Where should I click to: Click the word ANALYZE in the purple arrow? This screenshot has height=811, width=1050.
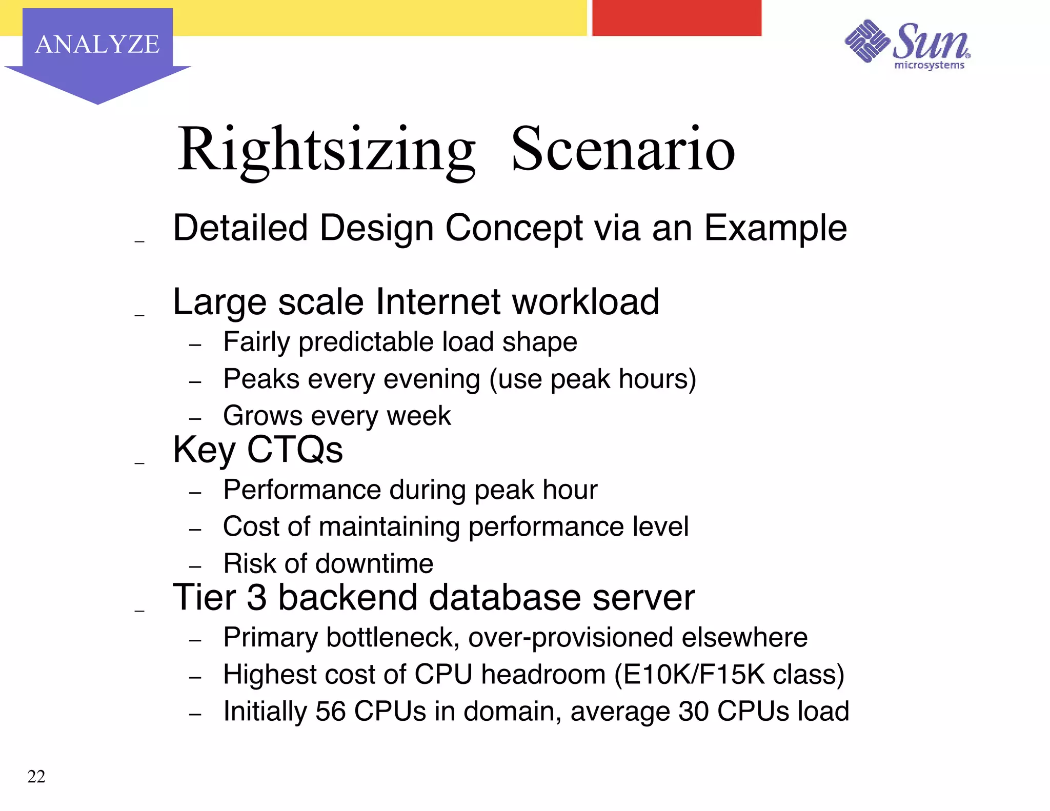pyautogui.click(x=97, y=44)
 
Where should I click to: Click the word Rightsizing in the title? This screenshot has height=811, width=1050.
pyautogui.click(x=327, y=150)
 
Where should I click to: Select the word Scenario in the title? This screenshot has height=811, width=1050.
pyautogui.click(x=623, y=150)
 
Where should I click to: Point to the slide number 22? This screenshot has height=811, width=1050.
pyautogui.click(x=36, y=776)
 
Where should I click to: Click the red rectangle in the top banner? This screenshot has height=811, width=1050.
pyautogui.click(x=676, y=18)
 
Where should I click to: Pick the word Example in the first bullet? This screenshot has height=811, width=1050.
pyautogui.click(x=775, y=228)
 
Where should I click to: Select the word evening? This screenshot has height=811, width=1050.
pyautogui.click(x=432, y=379)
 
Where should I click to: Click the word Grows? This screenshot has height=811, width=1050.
pyautogui.click(x=262, y=416)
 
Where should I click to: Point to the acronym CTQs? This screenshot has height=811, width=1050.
pyautogui.click(x=295, y=450)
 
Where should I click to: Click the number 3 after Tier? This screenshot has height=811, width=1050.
pyautogui.click(x=257, y=598)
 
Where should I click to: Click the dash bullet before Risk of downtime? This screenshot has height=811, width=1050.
pyautogui.click(x=195, y=567)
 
